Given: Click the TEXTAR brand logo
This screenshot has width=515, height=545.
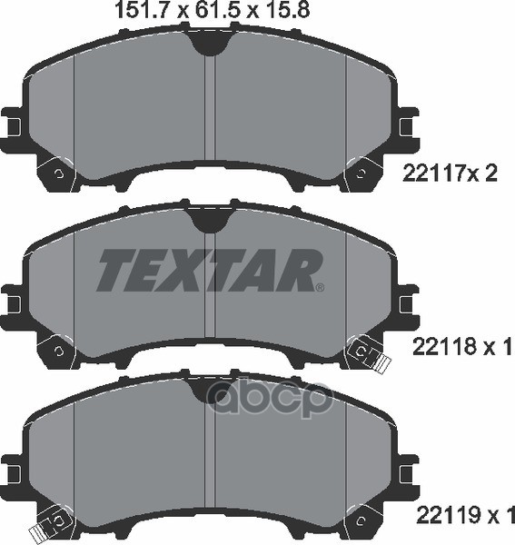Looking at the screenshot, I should (x=209, y=270).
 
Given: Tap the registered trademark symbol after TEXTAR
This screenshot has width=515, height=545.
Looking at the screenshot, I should (x=319, y=288).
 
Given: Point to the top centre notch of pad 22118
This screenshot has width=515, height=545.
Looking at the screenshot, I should (x=209, y=215).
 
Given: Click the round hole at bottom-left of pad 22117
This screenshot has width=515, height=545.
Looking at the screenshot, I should (x=58, y=173).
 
